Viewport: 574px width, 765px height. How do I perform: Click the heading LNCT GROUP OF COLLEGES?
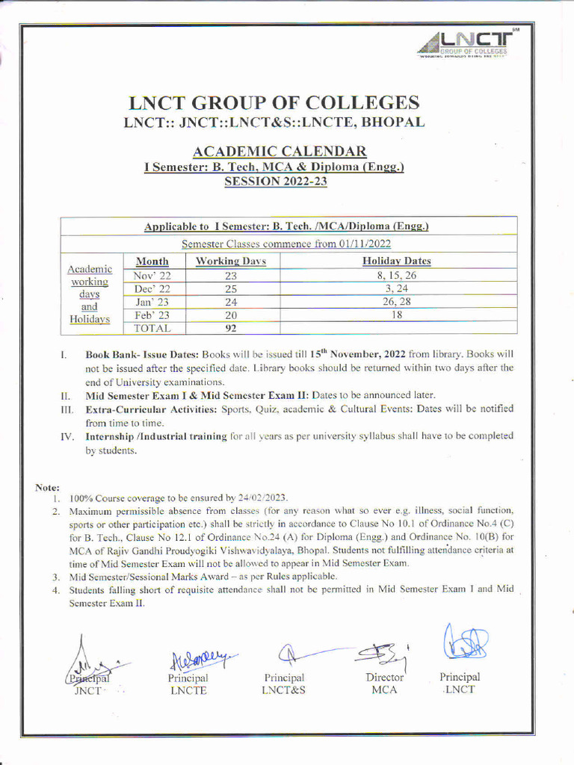click(274, 102)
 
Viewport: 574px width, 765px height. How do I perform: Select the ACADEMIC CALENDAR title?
click(274, 152)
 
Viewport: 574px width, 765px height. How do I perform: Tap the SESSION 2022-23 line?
click(274, 182)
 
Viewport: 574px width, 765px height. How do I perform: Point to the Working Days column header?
click(230, 261)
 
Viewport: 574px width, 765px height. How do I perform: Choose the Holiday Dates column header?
click(396, 261)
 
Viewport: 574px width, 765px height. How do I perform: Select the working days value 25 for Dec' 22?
click(230, 288)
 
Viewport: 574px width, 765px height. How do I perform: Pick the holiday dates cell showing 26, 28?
click(396, 302)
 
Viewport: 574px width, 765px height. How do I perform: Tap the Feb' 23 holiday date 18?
click(396, 315)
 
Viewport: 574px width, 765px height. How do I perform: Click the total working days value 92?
click(230, 327)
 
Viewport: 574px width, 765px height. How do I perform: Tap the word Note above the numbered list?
click(47, 487)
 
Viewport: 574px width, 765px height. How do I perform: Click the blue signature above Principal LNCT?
click(465, 642)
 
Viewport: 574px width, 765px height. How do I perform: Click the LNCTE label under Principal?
click(188, 690)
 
